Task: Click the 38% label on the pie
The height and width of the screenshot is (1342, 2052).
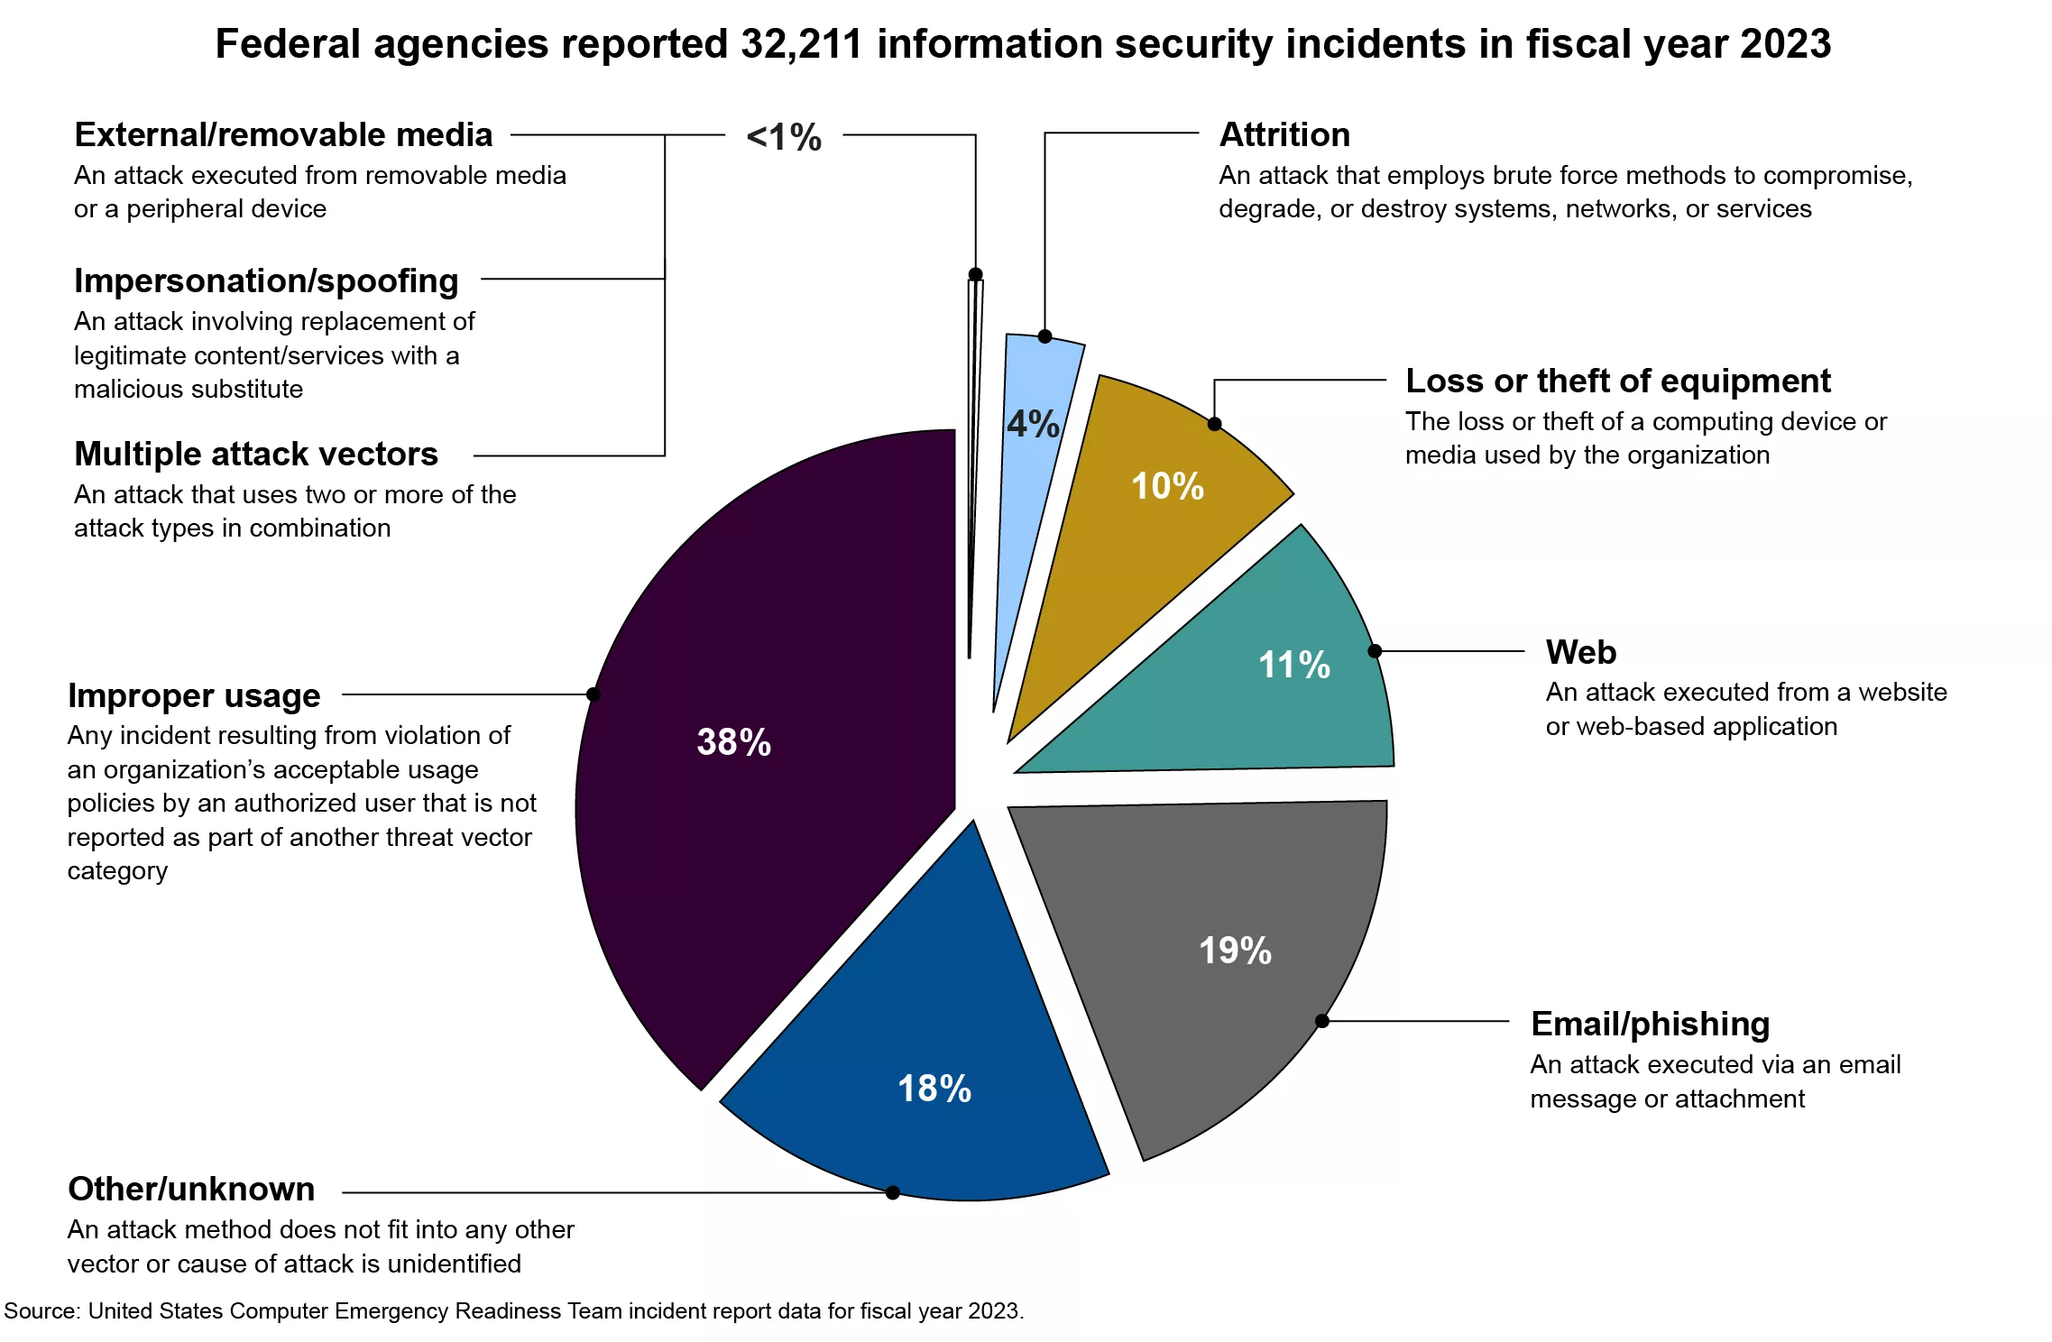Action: coord(733,742)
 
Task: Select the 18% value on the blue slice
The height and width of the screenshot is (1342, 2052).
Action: coord(934,1089)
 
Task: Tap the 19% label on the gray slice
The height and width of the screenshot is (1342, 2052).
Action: coord(1235,951)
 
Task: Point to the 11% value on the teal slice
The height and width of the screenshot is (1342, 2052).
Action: coord(1294,666)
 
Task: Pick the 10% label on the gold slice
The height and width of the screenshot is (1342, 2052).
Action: coord(1168,486)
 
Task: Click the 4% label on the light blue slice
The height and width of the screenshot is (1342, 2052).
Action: coord(1033,424)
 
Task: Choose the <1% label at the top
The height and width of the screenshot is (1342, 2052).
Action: coord(784,137)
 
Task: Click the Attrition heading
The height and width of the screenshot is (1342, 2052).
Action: coord(1284,134)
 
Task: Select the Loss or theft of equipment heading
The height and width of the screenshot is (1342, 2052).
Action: coord(1618,381)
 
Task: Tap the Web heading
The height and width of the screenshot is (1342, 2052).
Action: coord(1581,651)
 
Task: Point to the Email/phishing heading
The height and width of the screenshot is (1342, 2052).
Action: coord(1650,1024)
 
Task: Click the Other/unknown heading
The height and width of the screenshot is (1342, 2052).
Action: coord(191,1189)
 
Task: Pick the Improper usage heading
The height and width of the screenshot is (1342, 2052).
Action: coord(194,695)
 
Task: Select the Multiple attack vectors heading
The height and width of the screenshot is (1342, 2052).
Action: coord(256,454)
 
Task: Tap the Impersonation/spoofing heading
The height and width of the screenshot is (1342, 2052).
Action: coord(266,280)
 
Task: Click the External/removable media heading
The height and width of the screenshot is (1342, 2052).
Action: coord(283,134)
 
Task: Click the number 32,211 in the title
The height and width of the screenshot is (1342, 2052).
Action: coord(802,43)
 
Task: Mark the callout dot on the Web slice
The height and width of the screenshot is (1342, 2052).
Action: coord(1375,650)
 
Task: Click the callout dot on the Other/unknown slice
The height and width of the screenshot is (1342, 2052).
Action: coord(893,1192)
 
